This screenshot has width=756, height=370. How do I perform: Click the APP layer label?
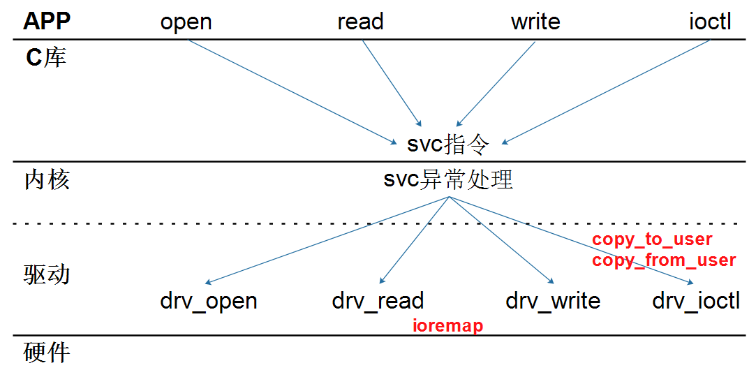[47, 22]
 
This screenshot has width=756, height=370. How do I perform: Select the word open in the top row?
[186, 22]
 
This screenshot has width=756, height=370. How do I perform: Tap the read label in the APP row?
[360, 22]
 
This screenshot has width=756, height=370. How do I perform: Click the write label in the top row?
[535, 22]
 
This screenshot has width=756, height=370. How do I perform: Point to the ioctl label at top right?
[710, 22]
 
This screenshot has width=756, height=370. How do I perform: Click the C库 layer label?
[46, 57]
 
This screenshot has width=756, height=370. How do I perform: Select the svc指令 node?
[449, 145]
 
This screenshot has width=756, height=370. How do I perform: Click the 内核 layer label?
[47, 180]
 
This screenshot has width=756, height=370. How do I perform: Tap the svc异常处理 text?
[448, 179]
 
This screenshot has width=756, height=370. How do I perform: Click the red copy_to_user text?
[652, 239]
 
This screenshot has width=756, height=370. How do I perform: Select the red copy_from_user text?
[664, 260]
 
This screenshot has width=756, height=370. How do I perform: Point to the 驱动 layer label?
[47, 274]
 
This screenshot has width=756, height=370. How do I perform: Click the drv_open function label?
[209, 301]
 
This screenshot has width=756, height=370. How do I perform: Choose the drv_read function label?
[378, 301]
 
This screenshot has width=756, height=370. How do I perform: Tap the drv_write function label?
[553, 301]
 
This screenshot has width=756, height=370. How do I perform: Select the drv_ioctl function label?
[696, 301]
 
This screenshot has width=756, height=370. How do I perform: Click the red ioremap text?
[447, 325]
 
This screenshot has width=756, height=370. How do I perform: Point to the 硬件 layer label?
[47, 352]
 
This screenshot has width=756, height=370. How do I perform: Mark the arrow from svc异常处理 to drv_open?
[328, 240]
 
